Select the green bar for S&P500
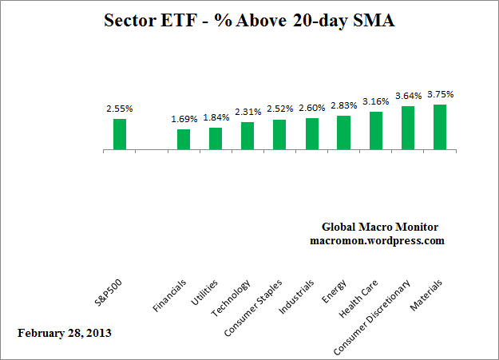tap(120, 134)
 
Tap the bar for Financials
tap(184, 140)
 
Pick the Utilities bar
tap(216, 139)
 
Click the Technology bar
tap(248, 136)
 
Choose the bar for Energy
tap(343, 133)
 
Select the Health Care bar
tap(375, 131)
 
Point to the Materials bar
tap(439, 127)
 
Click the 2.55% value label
tap(119, 108)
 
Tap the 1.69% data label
tap(183, 120)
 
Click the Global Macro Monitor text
tap(379, 227)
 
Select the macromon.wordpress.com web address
tap(377, 239)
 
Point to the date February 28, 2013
tap(64, 331)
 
